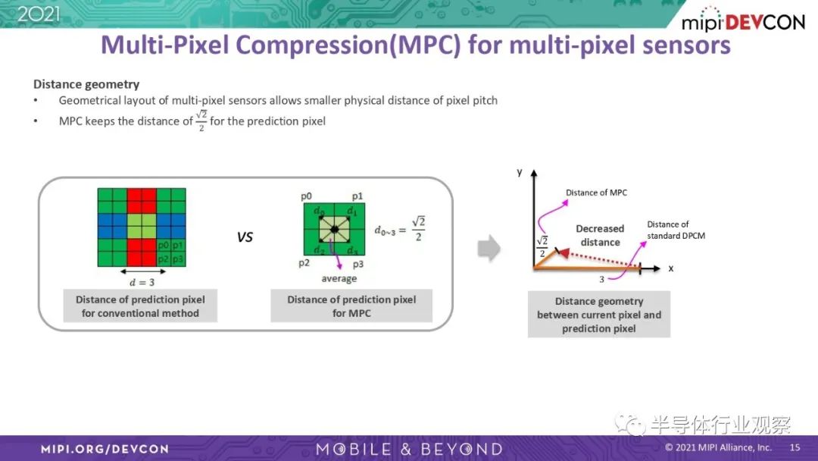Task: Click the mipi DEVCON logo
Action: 743,20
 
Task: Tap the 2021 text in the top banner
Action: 39,14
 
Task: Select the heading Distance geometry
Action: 86,84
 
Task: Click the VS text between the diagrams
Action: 245,237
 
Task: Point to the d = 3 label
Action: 142,283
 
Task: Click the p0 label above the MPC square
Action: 306,196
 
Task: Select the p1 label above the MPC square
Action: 357,196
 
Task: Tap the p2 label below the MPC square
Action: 304,263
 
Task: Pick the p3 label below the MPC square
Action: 357,264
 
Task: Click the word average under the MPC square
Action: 339,278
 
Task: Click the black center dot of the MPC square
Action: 335,229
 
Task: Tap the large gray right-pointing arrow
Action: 489,248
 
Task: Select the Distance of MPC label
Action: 596,193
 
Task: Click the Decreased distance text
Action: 600,236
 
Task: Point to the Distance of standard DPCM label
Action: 676,230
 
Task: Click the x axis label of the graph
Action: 671,268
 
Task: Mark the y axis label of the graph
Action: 520,172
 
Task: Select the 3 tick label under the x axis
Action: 601,279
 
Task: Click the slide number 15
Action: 795,447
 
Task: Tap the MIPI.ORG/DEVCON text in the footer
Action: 105,449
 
